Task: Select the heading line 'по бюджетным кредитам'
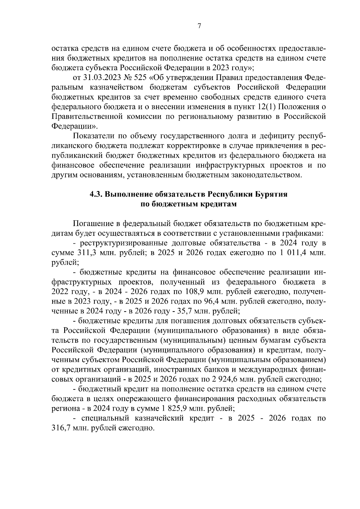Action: click(x=189, y=204)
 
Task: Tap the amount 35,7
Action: click(x=187, y=311)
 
